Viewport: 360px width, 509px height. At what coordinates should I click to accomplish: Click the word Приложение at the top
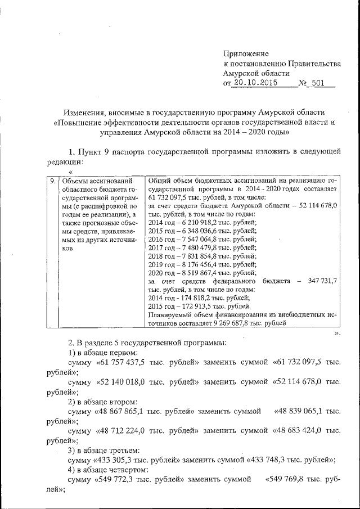(x=247, y=53)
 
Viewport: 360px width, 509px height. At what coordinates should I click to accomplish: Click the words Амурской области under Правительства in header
(x=256, y=73)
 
